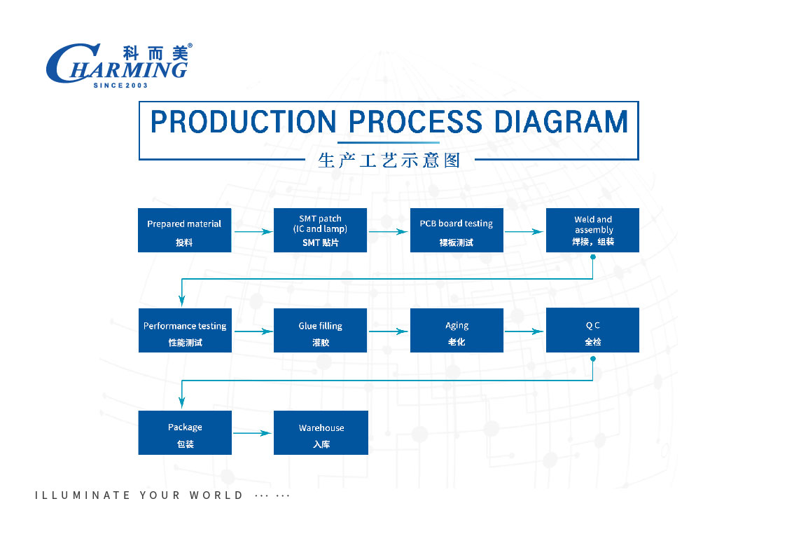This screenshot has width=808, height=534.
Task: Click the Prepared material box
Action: (184, 230)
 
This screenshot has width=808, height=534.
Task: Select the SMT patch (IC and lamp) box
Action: (320, 230)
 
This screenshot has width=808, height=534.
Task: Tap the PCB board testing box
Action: (457, 230)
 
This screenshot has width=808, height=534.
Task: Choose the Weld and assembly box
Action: (592, 230)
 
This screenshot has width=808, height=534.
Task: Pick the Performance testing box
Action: (185, 330)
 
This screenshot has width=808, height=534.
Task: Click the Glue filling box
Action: (320, 330)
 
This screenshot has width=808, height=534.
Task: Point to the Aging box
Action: (457, 330)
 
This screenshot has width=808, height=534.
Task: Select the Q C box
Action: (592, 330)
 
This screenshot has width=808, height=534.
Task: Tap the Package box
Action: (185, 432)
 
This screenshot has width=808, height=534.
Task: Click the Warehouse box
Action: (321, 432)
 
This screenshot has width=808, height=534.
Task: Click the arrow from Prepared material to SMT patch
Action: (253, 232)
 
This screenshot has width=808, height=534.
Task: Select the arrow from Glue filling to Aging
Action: (389, 331)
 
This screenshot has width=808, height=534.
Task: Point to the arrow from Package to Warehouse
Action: (253, 433)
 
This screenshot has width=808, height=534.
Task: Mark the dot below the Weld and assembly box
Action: (593, 257)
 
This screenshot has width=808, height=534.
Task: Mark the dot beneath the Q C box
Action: (593, 359)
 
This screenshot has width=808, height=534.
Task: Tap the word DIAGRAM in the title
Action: (561, 122)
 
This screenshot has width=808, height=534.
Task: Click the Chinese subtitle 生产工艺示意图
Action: (389, 160)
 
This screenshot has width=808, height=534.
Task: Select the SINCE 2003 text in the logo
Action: (120, 85)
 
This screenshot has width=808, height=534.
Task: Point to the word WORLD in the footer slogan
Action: (216, 495)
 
